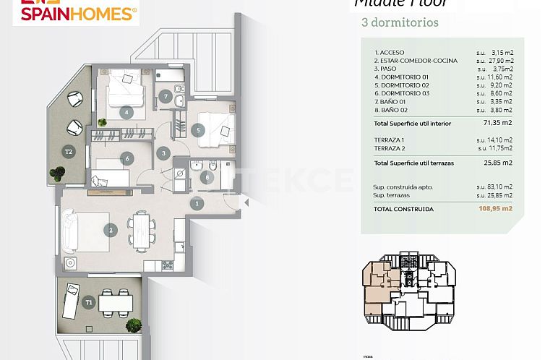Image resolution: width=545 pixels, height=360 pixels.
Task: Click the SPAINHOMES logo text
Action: (x=74, y=12)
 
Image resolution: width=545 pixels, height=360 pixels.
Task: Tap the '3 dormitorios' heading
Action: (x=399, y=22)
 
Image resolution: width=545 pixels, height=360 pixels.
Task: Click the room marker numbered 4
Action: (x=127, y=112)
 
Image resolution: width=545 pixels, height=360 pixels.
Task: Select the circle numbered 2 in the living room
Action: (x=111, y=231)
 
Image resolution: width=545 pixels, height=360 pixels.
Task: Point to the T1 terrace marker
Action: (x=89, y=302)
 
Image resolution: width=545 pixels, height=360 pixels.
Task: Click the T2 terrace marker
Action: (x=69, y=152)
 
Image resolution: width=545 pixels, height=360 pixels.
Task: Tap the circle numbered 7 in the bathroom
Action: (x=166, y=96)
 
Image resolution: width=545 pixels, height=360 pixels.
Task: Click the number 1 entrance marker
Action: (x=197, y=205)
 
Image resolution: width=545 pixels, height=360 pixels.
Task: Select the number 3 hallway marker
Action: (x=165, y=153)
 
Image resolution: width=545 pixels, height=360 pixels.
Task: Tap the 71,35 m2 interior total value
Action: (x=499, y=124)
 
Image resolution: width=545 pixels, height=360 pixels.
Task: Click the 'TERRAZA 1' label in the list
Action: (x=389, y=140)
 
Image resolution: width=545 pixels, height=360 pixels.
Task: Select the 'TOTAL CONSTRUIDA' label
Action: (x=403, y=208)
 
